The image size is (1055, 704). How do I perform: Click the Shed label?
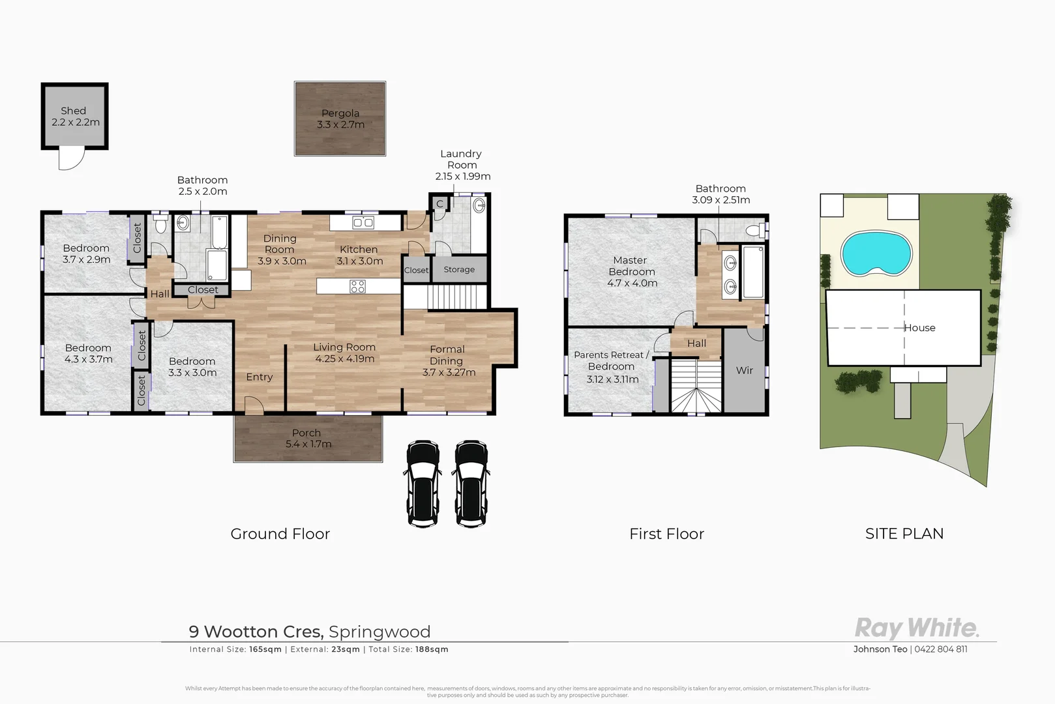[x=74, y=111]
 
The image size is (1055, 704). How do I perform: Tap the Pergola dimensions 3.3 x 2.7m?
[x=340, y=125]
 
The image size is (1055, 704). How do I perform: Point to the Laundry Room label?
[x=461, y=159]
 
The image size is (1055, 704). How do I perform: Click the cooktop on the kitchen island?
[x=357, y=286]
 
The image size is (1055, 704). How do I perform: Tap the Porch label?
[x=306, y=433]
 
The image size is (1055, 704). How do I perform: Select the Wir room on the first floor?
[x=744, y=370]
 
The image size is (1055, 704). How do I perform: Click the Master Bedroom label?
[x=631, y=266]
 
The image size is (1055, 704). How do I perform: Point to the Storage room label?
[x=459, y=269]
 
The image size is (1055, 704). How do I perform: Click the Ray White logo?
[x=916, y=628]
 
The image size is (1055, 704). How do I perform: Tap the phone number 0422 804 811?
[x=941, y=649]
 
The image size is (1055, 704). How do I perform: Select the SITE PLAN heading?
[x=904, y=534]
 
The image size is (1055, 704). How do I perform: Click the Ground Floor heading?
[x=280, y=534]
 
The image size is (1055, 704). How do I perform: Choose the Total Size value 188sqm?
[x=432, y=649]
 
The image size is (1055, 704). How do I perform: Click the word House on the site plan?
[x=920, y=328]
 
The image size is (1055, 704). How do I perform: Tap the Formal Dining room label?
[x=447, y=355]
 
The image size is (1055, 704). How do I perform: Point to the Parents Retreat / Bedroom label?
[x=611, y=360]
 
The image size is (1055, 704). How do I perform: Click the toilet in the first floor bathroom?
[x=756, y=230]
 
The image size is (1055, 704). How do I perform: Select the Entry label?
[x=260, y=377]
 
